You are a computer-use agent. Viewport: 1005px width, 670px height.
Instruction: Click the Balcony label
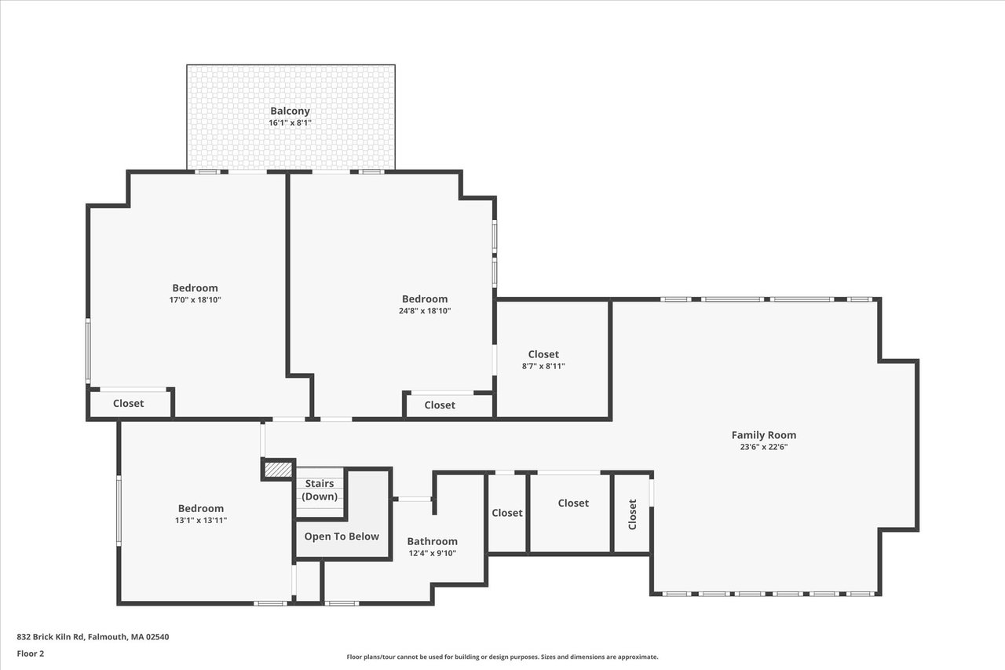[x=290, y=111]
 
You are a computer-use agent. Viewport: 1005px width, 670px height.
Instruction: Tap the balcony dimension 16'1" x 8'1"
[x=290, y=123]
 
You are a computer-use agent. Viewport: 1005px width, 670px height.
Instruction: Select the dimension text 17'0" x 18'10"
[x=196, y=300]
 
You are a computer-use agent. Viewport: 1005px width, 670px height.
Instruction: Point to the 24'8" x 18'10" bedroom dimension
[x=425, y=310]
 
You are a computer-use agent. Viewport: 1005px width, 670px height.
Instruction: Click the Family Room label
[x=764, y=435]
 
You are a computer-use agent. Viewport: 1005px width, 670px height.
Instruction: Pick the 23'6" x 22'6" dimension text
[x=764, y=447]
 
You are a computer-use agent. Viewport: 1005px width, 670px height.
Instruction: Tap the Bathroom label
[x=432, y=541]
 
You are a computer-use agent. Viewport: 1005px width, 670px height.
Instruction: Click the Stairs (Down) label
[x=320, y=489]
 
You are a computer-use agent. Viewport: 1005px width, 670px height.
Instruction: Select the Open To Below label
[x=342, y=536]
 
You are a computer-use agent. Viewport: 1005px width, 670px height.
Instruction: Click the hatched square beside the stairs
[x=278, y=470]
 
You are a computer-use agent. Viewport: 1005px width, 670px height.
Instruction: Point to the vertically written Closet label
[x=632, y=514]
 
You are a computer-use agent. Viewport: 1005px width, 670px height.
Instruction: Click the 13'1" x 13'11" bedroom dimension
[x=201, y=521]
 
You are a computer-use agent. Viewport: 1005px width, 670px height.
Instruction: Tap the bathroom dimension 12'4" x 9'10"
[x=432, y=553]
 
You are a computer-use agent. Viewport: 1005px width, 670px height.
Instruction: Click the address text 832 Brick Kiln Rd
[x=50, y=637]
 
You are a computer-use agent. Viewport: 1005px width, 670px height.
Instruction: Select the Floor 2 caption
[x=31, y=654]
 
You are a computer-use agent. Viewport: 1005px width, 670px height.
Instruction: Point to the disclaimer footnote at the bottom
[x=502, y=657]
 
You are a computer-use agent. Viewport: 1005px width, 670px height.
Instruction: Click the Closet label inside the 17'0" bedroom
[x=128, y=404]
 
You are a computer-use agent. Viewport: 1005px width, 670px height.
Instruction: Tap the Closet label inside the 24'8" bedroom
[x=440, y=405]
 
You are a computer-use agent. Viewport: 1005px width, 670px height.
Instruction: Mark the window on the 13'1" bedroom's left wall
[x=119, y=511]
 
